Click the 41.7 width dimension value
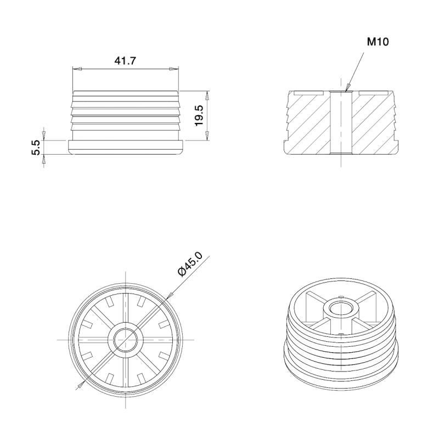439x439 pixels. pyautogui.click(x=125, y=61)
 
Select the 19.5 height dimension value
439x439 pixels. pyautogui.click(x=199, y=116)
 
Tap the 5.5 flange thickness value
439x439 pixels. pyautogui.click(x=36, y=148)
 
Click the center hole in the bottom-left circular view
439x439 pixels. pyautogui.click(x=126, y=339)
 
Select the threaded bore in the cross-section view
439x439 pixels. pyautogui.click(x=341, y=122)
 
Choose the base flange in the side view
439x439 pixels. pyautogui.click(x=126, y=147)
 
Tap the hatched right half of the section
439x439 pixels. pyautogui.click(x=373, y=126)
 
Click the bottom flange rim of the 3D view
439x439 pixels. pyautogui.click(x=340, y=381)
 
